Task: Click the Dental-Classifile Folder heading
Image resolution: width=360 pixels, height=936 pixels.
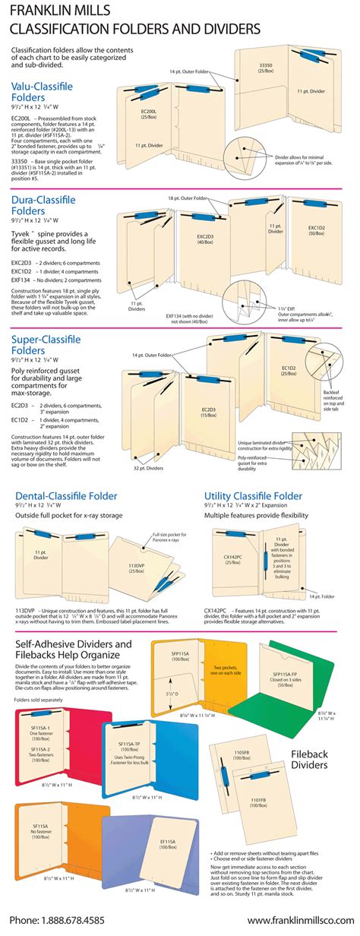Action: pos(66,475)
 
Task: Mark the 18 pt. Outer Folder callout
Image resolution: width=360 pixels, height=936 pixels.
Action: pos(188,197)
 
